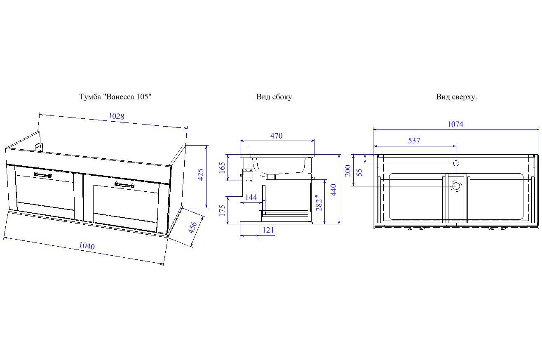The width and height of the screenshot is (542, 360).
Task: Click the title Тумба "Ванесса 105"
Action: click(x=115, y=97)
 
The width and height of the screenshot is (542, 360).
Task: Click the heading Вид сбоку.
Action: click(x=275, y=97)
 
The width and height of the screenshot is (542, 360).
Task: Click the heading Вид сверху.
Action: click(x=456, y=97)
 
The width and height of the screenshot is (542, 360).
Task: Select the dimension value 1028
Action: click(x=116, y=116)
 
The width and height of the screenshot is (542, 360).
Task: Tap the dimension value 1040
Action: click(x=87, y=246)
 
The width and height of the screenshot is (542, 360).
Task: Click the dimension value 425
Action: click(x=201, y=175)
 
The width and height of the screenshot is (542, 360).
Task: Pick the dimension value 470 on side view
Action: click(x=276, y=136)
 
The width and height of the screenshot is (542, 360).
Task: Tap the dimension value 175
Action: click(x=222, y=210)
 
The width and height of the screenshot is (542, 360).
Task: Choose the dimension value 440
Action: click(x=333, y=189)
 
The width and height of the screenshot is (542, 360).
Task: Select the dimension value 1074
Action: click(x=455, y=124)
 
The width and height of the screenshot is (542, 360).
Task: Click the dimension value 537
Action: click(x=414, y=141)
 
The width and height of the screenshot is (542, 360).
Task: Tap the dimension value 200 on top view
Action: click(x=347, y=170)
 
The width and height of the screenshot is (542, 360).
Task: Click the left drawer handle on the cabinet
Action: click(x=42, y=174)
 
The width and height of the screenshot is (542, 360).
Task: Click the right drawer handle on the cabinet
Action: click(x=125, y=184)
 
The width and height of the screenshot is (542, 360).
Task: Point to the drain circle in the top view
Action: click(x=456, y=186)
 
